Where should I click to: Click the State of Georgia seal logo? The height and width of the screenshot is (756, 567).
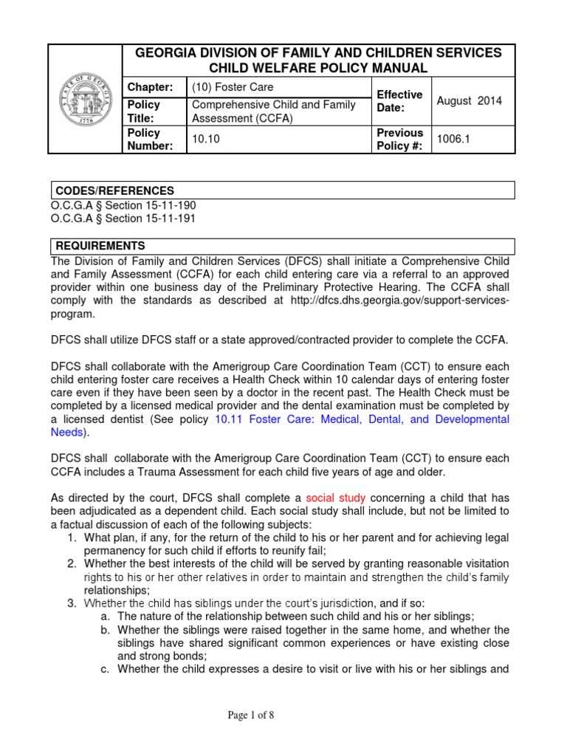[86, 99]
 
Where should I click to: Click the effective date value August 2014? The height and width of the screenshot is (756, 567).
[470, 101]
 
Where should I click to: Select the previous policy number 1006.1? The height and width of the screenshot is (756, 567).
[452, 140]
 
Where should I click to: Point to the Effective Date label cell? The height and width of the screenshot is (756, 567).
[399, 101]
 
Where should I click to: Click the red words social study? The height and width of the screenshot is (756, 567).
[335, 498]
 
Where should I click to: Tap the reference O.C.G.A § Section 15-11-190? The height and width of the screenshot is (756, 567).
[123, 205]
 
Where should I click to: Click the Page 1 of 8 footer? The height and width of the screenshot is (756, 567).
[283, 715]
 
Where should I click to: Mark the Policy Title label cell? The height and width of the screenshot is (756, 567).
[144, 111]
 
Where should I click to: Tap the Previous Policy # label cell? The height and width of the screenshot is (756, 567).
[399, 140]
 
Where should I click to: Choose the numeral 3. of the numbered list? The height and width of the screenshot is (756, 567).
[72, 603]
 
